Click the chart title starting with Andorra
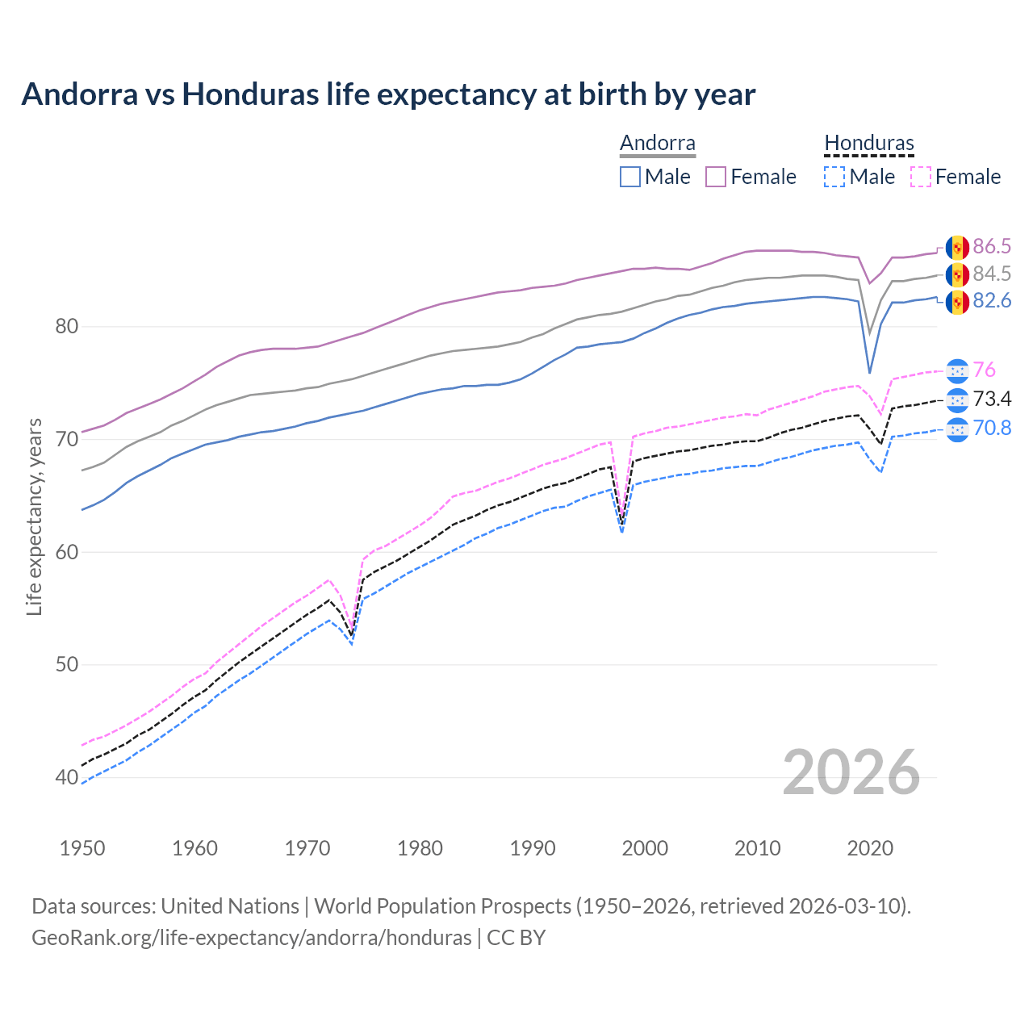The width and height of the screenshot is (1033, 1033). (388, 94)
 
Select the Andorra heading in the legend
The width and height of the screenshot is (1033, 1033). (657, 144)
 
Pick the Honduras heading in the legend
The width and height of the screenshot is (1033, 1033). (868, 144)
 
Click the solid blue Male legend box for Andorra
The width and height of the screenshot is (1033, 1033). (630, 177)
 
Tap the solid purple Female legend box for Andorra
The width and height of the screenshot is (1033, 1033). (716, 177)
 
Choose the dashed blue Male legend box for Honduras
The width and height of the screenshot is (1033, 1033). (834, 177)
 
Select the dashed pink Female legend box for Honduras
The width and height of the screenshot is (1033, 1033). (921, 177)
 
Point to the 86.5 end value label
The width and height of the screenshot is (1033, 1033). (992, 247)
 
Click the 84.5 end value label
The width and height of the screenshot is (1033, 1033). (992, 274)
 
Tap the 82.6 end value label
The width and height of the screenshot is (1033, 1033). (992, 301)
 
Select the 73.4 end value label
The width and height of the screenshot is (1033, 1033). (992, 399)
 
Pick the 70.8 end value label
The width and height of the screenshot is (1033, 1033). (992, 428)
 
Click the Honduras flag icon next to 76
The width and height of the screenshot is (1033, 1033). (957, 370)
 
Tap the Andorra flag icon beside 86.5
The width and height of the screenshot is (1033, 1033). (957, 247)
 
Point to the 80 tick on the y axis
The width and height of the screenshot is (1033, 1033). (67, 327)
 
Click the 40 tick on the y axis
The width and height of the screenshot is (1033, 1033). (67, 778)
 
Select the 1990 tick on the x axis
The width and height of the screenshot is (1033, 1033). (533, 848)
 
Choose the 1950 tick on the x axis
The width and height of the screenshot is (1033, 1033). (83, 848)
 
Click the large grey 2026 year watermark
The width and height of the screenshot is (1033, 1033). (851, 772)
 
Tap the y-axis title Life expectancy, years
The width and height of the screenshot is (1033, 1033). (35, 516)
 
